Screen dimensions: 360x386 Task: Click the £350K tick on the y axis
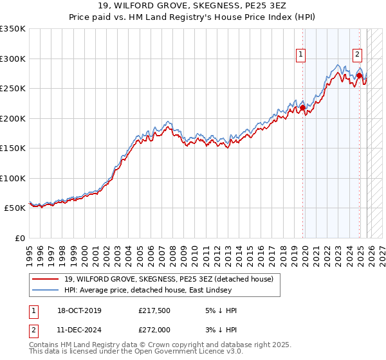click(x=13, y=29)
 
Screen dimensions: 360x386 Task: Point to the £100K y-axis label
click(x=13, y=178)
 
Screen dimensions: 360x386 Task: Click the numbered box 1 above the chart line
click(x=300, y=55)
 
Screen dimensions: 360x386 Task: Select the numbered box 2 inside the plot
click(x=357, y=55)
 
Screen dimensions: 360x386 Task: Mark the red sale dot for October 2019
click(x=303, y=108)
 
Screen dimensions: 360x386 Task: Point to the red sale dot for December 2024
click(x=359, y=76)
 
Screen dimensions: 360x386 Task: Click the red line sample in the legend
click(x=46, y=279)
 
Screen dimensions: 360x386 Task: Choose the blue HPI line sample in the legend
click(x=46, y=291)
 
